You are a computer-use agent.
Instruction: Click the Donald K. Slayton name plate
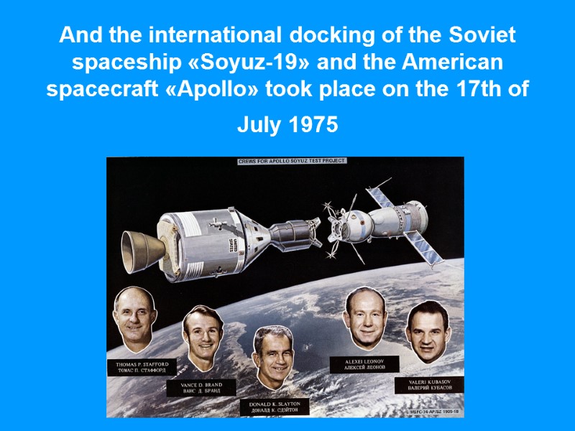(275, 407)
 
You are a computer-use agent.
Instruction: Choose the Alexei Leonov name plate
(364, 364)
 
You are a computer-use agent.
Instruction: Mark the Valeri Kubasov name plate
(430, 385)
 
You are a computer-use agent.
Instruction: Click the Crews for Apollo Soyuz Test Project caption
(292, 161)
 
